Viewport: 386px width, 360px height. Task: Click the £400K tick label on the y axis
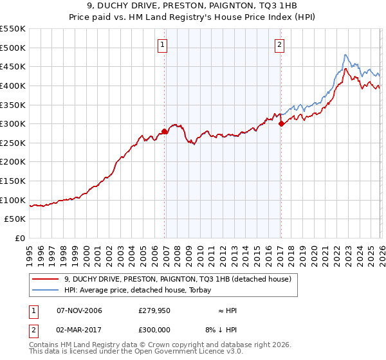13,85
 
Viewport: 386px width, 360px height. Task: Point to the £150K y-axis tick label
13,181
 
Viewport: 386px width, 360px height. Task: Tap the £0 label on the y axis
20,238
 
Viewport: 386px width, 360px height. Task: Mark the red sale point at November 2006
165,131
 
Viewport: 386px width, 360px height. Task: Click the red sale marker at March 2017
281,124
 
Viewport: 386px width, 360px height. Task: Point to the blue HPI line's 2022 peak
346,55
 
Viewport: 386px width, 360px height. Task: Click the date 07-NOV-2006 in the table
79,310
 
